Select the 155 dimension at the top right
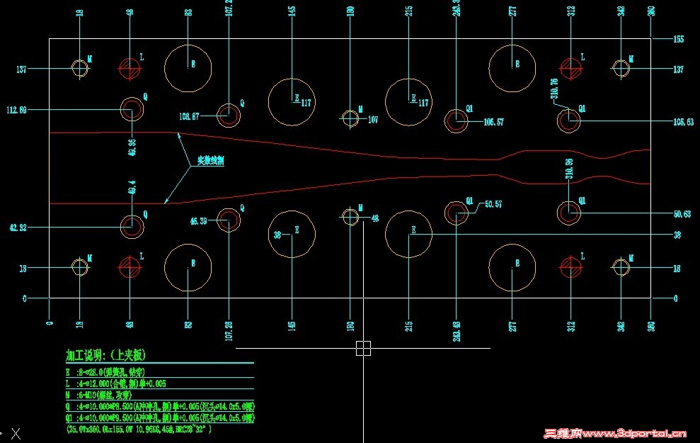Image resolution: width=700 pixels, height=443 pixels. [x=678, y=40]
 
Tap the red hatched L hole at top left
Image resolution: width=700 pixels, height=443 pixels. [x=130, y=69]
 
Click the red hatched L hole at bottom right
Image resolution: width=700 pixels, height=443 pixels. [x=570, y=267]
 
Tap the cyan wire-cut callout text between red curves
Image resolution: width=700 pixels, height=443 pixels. [x=211, y=162]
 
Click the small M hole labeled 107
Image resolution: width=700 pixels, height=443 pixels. [x=350, y=118]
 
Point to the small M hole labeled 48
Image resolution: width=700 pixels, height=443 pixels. [x=350, y=216]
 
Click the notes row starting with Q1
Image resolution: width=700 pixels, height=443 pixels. [x=159, y=418]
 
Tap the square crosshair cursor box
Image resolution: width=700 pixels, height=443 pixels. [x=363, y=348]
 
